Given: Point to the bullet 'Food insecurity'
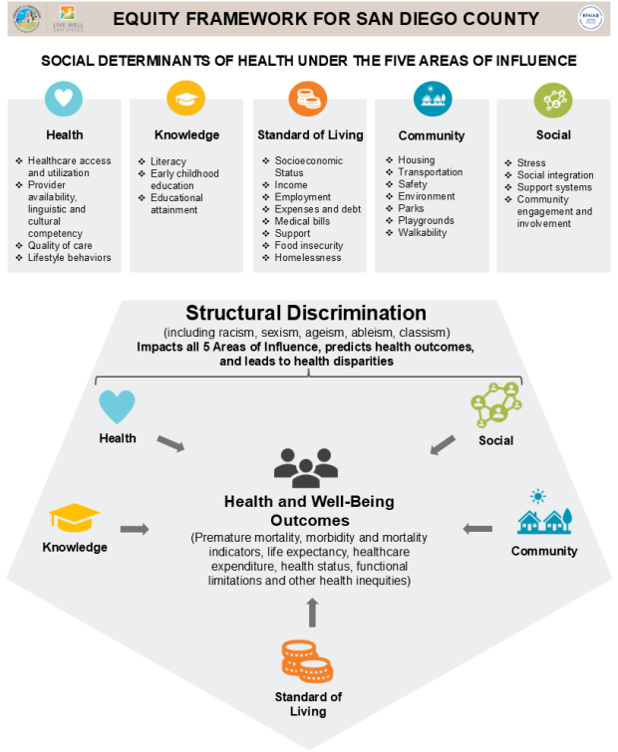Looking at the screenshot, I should tap(309, 246).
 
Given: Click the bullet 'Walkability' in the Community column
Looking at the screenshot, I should tap(423, 233).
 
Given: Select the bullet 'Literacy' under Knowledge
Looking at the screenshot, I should tap(168, 161).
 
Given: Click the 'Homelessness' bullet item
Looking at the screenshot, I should tap(308, 258).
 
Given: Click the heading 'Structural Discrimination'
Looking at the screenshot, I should tap(306, 313).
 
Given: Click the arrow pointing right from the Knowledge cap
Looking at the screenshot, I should tap(135, 529).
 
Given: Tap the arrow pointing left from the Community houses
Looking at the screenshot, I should tap(478, 529).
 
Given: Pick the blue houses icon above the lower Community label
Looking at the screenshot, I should tap(544, 518).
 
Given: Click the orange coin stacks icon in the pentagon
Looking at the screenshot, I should tap(307, 660).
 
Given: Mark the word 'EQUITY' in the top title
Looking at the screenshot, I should tap(149, 19).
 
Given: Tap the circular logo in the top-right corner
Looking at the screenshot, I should tap(591, 19).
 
